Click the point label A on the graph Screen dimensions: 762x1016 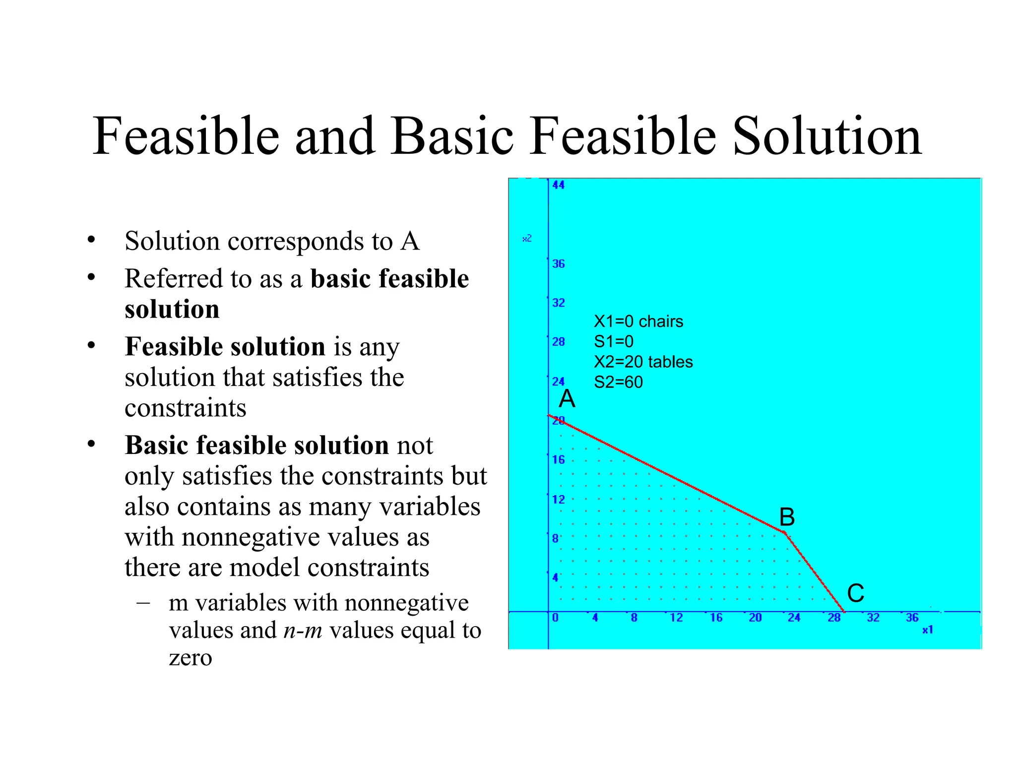[567, 399]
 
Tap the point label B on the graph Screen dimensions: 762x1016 [787, 517]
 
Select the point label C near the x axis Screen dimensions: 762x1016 [856, 593]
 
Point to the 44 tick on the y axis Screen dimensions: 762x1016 [559, 185]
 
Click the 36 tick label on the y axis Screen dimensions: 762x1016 [559, 264]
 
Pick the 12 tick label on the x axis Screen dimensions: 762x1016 [676, 618]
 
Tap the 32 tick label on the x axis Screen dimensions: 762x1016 [873, 618]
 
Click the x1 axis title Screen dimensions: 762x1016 [928, 630]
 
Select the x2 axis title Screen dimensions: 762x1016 [527, 239]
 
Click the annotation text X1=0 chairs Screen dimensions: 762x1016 [638, 321]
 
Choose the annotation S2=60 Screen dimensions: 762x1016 [618, 382]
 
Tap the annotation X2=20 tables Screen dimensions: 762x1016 [643, 362]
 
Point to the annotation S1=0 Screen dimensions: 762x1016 [614, 341]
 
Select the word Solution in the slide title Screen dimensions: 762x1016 [826, 136]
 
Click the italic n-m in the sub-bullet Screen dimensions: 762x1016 [303, 631]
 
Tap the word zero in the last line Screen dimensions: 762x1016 [190, 658]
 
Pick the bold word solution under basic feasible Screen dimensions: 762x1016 [172, 309]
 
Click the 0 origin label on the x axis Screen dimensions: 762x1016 [555, 618]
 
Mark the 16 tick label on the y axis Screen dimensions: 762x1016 [559, 460]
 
